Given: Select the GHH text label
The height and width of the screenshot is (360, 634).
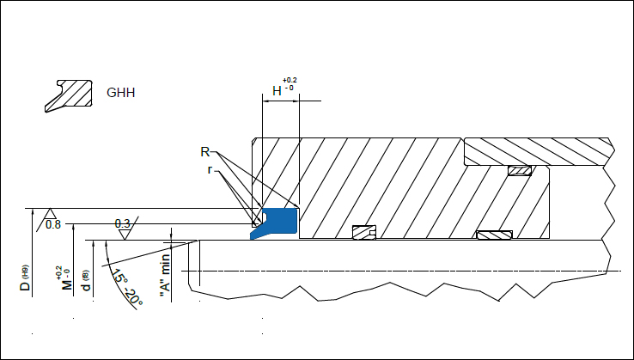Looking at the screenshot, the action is [120, 93].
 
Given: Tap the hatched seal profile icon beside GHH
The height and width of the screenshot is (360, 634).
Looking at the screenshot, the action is [69, 96].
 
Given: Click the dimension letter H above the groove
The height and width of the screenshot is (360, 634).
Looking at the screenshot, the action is [277, 91].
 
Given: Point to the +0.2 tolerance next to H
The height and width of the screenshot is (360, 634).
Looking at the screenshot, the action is [290, 81].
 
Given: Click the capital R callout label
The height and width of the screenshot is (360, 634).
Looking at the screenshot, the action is [205, 152].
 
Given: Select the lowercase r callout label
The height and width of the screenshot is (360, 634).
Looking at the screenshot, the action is [210, 170].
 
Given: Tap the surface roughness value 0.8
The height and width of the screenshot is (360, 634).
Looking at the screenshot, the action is [53, 224].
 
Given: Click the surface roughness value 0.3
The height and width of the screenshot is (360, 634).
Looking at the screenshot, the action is [123, 223].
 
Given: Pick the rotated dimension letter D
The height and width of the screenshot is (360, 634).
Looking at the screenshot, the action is [25, 285].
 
